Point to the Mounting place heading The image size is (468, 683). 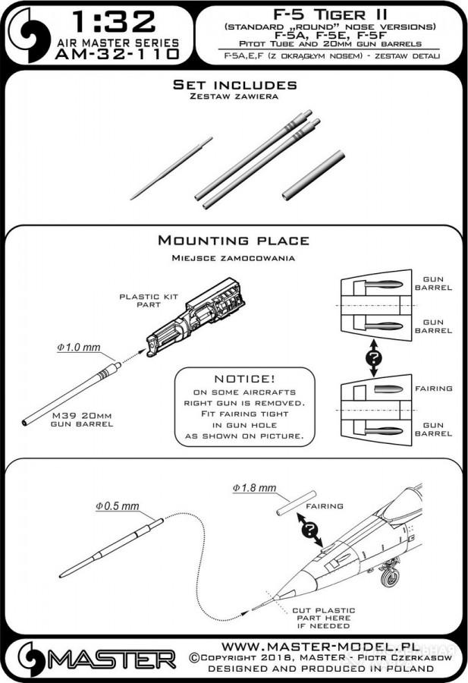click(x=233, y=241)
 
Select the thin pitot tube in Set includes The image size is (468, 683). click(x=171, y=168)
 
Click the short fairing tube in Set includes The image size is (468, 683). click(x=313, y=175)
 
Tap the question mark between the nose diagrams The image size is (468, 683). click(x=373, y=354)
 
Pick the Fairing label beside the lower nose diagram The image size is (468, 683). click(x=433, y=389)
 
